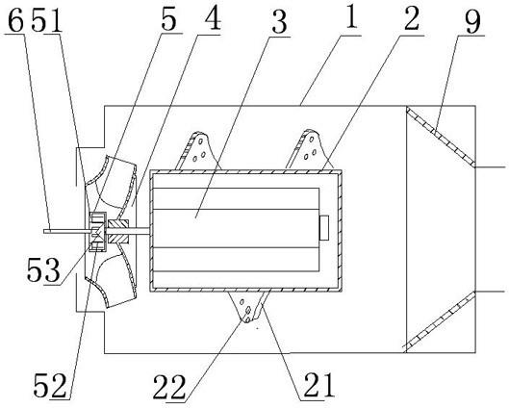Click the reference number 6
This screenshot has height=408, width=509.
pos(15,21)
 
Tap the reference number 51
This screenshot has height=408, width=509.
pos(46,21)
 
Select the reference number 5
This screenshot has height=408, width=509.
pos(168,20)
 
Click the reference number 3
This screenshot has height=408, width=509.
pos(279,23)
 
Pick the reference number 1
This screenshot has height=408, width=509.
pos(351,17)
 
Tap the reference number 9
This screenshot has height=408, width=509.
pos(472,21)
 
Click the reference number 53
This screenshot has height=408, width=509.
pos(43,270)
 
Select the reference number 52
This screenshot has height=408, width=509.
pos(51,386)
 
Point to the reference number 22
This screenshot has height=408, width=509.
pos(169,388)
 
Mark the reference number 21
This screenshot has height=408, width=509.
pos(318,385)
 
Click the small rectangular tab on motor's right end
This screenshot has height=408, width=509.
pos(324,228)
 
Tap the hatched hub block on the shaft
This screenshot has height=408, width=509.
pos(118,232)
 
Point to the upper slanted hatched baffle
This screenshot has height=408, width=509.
pos(441,137)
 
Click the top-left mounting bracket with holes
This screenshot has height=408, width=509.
pos(198,151)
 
